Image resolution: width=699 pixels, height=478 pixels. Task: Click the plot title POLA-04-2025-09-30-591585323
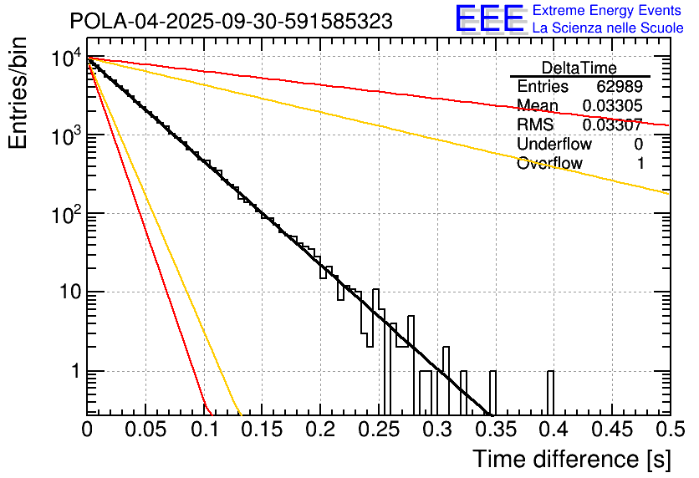click(x=231, y=21)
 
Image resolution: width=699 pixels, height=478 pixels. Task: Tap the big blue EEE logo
click(x=489, y=20)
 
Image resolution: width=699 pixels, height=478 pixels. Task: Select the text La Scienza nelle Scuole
click(x=607, y=28)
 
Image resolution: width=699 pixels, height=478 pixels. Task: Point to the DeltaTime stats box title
click(x=579, y=68)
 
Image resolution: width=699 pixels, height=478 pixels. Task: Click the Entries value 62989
click(x=620, y=87)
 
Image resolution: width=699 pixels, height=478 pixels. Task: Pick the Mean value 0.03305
click(x=612, y=106)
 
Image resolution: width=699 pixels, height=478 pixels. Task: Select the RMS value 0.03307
click(x=612, y=125)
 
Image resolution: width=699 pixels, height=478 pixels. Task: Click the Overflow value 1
click(x=640, y=164)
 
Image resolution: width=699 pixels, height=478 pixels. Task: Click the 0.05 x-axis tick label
click(x=145, y=430)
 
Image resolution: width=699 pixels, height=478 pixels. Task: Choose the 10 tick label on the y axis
click(x=64, y=292)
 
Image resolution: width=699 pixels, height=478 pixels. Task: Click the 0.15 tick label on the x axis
click(x=262, y=430)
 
